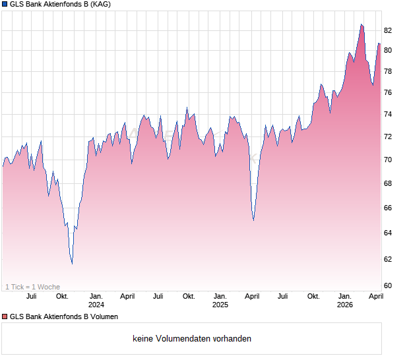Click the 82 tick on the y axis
[388, 30]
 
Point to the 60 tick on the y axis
[388, 285]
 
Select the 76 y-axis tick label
[388, 93]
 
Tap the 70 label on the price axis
[388, 160]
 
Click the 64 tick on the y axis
[388, 233]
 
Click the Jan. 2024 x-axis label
[96, 301]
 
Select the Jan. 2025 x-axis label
[220, 301]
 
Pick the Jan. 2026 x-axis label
[345, 301]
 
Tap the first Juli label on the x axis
[31, 297]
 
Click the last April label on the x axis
[376, 297]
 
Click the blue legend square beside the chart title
[5, 5]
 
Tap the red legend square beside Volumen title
[5, 317]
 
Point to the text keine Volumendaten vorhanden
[192, 339]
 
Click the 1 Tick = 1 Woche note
[32, 287]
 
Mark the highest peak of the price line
[362, 24]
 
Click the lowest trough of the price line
[72, 264]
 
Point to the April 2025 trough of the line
[253, 220]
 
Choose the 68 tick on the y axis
[388, 184]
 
